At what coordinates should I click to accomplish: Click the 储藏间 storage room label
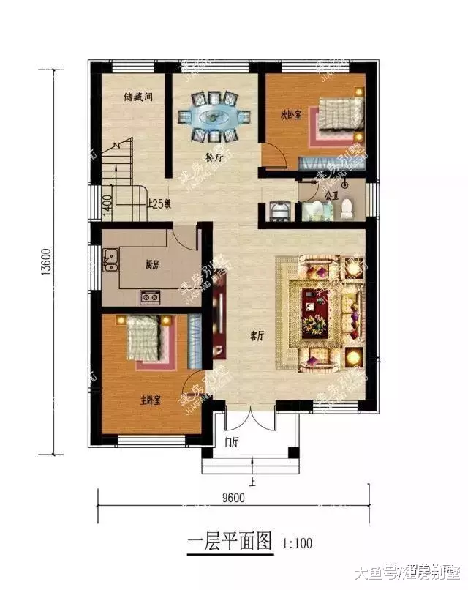click(x=138, y=96)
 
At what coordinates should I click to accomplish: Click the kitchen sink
click(x=112, y=258)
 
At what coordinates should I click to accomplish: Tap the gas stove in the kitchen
click(x=151, y=296)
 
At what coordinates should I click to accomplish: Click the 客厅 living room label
click(x=256, y=336)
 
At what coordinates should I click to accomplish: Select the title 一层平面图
click(x=229, y=543)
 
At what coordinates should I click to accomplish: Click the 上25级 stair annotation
click(x=159, y=204)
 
